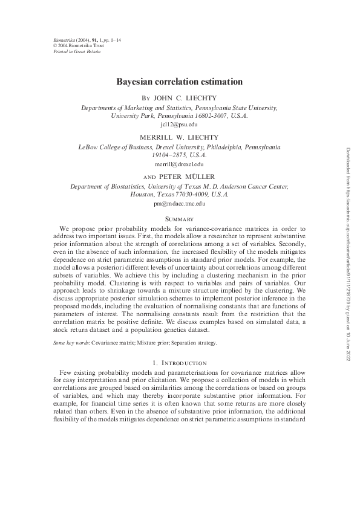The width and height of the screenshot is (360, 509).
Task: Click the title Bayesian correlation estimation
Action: point(180,81)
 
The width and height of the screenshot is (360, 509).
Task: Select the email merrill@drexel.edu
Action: point(180,164)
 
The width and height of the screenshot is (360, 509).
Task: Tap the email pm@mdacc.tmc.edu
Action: point(180,204)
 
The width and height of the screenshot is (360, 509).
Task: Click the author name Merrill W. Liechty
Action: point(180,137)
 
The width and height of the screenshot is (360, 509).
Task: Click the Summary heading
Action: point(180,218)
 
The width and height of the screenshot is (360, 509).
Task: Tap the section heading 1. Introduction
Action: point(180,362)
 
